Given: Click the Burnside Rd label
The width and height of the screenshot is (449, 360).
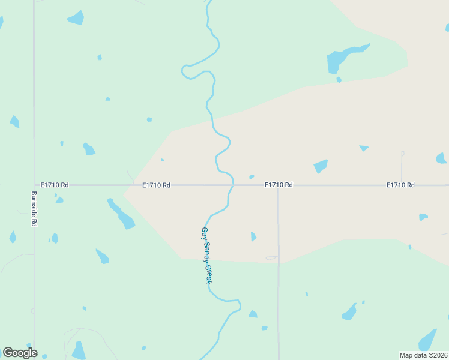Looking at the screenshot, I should (x=34, y=209).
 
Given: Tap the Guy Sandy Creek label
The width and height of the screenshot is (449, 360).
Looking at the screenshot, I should (x=206, y=256).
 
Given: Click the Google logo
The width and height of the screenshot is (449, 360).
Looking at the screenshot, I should (x=20, y=353).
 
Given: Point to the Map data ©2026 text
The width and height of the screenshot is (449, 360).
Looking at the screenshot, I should (x=423, y=355).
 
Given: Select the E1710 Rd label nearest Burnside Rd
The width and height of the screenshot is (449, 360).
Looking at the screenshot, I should (x=55, y=185).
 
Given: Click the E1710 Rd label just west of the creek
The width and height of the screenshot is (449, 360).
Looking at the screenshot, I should (x=157, y=185).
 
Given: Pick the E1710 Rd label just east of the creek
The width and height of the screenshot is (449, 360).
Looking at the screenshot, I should (x=279, y=185).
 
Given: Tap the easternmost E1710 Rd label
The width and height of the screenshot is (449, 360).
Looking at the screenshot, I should (x=400, y=185).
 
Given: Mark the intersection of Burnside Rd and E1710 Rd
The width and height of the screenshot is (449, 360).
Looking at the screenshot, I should (x=34, y=185).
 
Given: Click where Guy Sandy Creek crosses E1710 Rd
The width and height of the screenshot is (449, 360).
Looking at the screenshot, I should (x=232, y=185).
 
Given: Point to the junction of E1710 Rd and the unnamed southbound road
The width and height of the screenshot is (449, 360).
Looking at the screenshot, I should (x=278, y=185).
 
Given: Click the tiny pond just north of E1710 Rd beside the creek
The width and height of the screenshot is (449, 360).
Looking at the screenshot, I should (x=252, y=176).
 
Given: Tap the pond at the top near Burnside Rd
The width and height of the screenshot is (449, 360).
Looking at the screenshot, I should (x=76, y=18).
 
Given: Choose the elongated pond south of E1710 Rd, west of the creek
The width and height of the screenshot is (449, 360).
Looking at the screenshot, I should (x=122, y=214).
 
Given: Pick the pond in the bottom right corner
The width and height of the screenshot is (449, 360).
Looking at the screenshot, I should (x=427, y=340).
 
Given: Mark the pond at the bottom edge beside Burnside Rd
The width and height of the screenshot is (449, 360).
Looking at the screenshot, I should (x=79, y=350).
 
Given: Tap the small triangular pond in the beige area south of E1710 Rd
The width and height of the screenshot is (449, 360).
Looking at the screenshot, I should (x=253, y=236).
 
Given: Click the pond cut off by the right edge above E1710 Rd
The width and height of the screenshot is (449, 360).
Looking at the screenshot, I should (x=441, y=158).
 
